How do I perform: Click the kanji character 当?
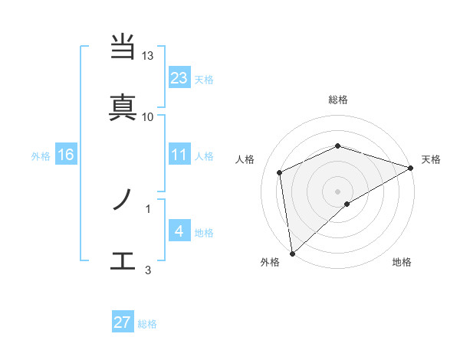pyautogui.click(x=123, y=48)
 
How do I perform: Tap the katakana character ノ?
pyautogui.click(x=123, y=201)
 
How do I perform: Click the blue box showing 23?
pyautogui.click(x=179, y=77)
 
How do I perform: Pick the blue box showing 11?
pyautogui.click(x=179, y=155)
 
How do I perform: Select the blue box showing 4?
pyautogui.click(x=179, y=231)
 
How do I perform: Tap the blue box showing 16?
pyautogui.click(x=65, y=155)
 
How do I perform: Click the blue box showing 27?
pyautogui.click(x=122, y=322)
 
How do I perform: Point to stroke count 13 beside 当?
pyautogui.click(x=148, y=56)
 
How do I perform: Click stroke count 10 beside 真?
pyautogui.click(x=148, y=116)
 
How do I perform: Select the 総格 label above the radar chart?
pyautogui.click(x=338, y=100)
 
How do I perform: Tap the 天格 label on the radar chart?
pyautogui.click(x=431, y=159)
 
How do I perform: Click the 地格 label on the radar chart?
pyautogui.click(x=402, y=262)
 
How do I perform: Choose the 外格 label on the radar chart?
pyautogui.click(x=270, y=262)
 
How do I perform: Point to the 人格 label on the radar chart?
pyautogui.click(x=245, y=159)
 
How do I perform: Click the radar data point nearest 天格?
pyautogui.click(x=411, y=168)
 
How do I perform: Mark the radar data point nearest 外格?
pyautogui.click(x=291, y=254)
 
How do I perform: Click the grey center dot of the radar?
pyautogui.click(x=337, y=191)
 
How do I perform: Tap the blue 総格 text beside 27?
pyautogui.click(x=147, y=324)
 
